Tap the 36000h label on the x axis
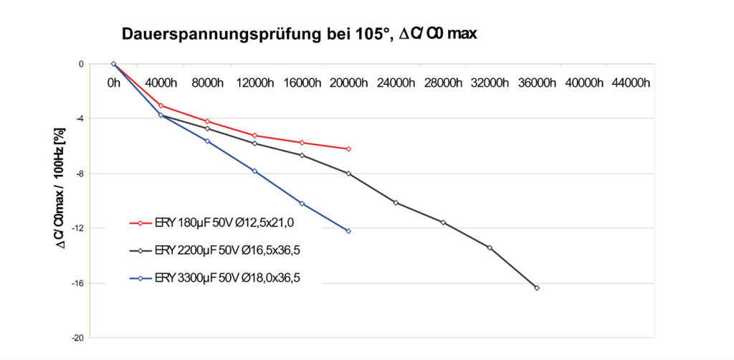(537, 82)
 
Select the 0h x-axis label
(113, 82)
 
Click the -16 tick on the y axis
(78, 283)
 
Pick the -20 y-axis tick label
(78, 338)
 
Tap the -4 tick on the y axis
(80, 118)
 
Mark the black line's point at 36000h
(537, 288)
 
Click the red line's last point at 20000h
(348, 148)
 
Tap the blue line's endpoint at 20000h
(348, 231)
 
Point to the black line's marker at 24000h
(396, 202)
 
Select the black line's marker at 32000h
(490, 247)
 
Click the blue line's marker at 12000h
(254, 171)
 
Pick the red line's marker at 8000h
(207, 121)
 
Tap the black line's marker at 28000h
(443, 222)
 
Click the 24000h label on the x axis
(396, 82)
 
